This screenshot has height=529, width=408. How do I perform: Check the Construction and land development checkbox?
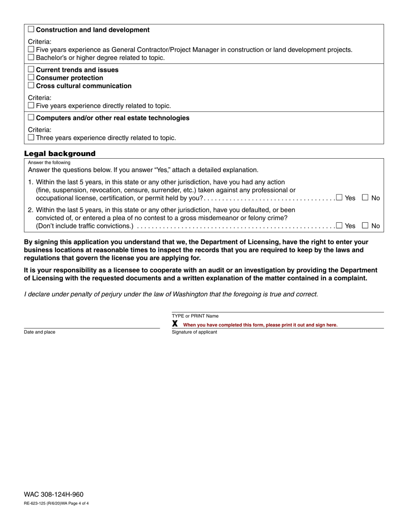31,30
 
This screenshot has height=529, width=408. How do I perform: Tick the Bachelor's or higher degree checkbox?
31,58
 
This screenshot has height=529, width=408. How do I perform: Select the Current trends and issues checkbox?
31,70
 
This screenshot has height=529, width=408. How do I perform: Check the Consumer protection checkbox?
31,78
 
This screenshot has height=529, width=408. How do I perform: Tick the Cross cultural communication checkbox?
31,86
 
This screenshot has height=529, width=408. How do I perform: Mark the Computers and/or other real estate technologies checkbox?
31,118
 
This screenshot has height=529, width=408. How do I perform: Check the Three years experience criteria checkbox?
31,138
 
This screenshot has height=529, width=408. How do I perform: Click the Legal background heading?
60,154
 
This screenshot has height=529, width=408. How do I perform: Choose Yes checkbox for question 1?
339,197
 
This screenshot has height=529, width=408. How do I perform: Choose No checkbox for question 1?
365,197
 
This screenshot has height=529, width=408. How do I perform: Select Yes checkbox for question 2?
339,225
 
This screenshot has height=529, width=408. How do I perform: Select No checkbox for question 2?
365,225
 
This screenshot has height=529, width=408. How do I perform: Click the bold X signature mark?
175,324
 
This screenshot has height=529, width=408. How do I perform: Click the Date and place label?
40,332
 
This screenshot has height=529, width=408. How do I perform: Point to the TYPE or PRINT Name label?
195,316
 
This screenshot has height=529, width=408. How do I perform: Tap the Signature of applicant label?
194,332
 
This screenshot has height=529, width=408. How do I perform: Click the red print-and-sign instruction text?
260,325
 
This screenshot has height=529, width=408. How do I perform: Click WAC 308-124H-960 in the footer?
53,495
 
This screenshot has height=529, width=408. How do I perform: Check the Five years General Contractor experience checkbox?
31,49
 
